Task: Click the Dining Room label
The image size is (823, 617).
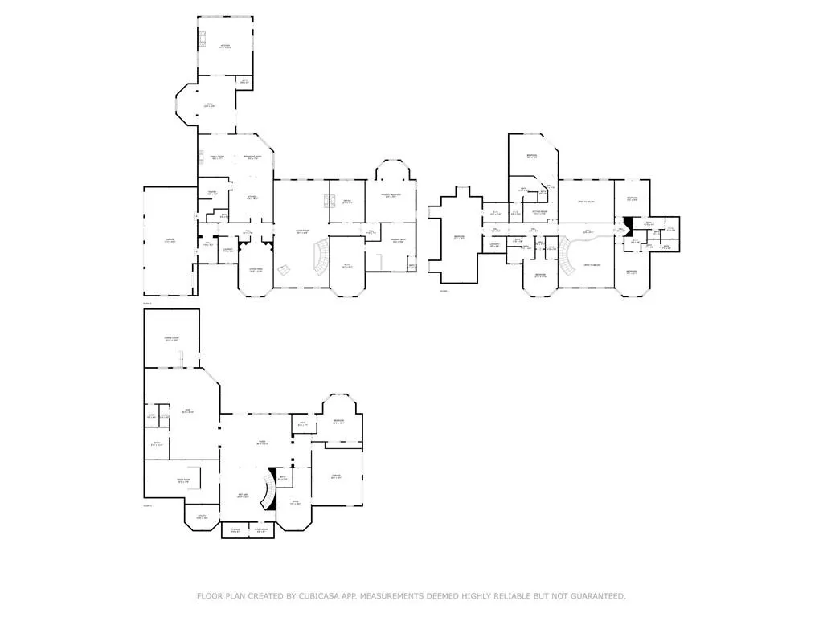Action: tap(255, 270)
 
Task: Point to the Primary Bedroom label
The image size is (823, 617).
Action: tap(391, 195)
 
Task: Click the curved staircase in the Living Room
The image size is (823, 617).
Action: tap(321, 255)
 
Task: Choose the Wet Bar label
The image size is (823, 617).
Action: tap(241, 496)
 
